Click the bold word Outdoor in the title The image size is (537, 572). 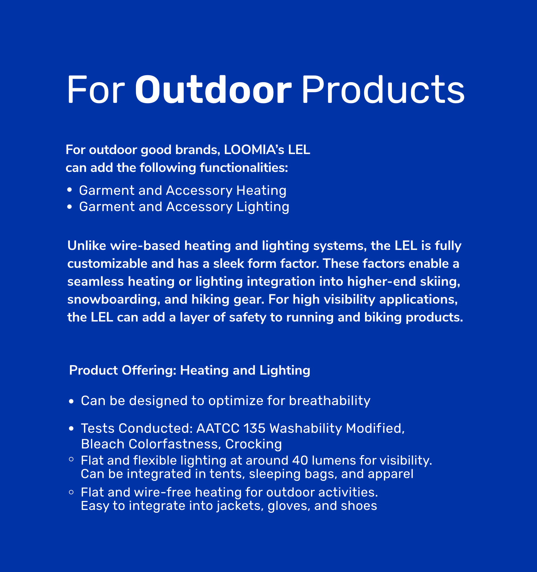tap(213, 90)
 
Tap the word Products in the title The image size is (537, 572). tap(383, 90)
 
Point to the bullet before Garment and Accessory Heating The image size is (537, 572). tap(69, 190)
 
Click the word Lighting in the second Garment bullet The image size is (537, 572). tap(263, 207)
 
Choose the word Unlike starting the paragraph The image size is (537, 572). tap(87, 246)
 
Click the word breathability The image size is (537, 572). tap(329, 401)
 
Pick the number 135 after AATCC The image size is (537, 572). tap(255, 428)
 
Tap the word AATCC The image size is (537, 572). tap(218, 428)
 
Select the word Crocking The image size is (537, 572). tap(253, 444)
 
